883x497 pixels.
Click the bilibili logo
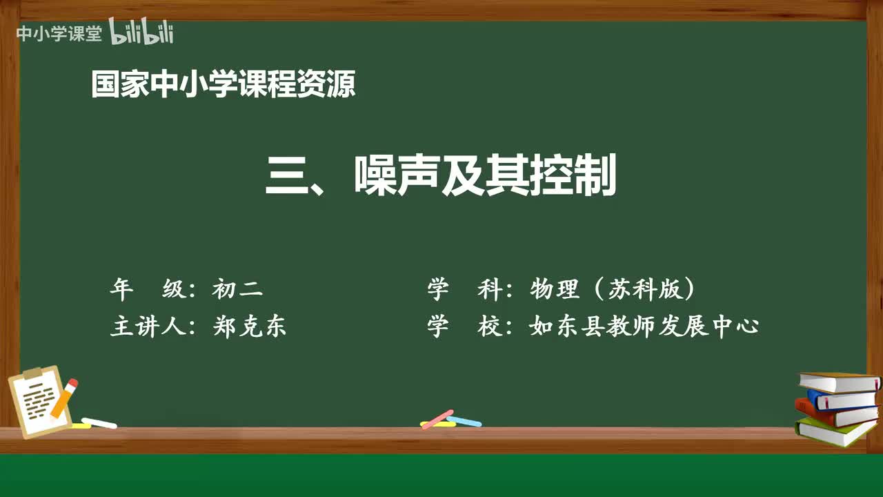pos(141,32)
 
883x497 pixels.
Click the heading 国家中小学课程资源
pos(223,84)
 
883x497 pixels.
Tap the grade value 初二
pos(237,289)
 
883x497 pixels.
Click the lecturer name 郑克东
pos(250,326)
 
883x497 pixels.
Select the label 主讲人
pos(148,326)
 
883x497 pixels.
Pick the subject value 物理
pos(555,289)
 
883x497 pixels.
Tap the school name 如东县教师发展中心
pos(644,326)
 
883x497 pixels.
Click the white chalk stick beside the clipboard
pos(99,422)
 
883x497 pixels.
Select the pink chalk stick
pos(437,418)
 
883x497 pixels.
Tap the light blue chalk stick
pos(465,421)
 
